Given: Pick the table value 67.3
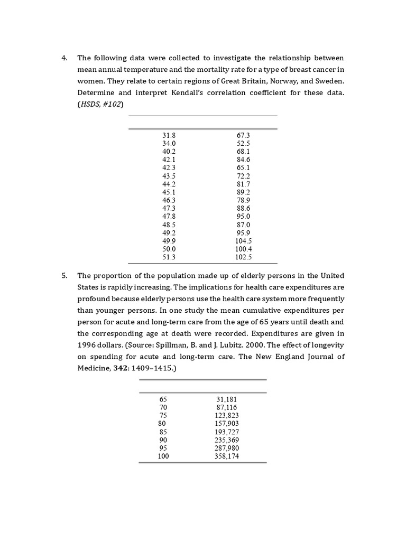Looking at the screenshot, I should (x=243, y=136).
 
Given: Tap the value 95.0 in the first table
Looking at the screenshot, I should (x=243, y=217).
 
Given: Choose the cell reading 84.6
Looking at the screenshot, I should (x=243, y=160).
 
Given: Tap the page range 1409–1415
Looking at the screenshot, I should (x=151, y=368).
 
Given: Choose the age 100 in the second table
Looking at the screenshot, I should (x=163, y=456).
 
